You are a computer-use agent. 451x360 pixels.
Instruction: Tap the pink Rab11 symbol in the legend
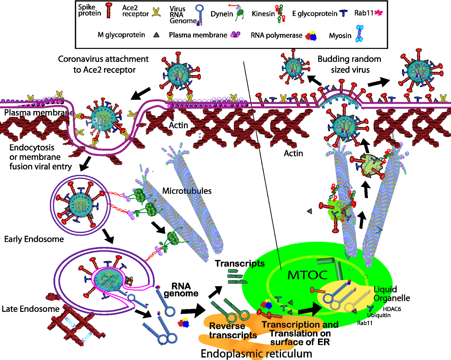pos(378,13)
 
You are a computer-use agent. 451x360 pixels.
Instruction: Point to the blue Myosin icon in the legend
pos(359,33)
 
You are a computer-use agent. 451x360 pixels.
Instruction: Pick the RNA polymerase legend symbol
pos(311,36)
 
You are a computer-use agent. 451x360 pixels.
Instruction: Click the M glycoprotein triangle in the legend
pos(156,35)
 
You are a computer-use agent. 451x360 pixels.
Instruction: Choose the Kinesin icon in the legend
pos(280,13)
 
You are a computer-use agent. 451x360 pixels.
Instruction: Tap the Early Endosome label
pos(34,239)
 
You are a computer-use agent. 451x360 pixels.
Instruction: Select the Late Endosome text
pos(30,309)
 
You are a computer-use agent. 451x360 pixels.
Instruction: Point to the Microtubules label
pos(187,191)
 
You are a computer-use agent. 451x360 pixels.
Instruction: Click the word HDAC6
pos(392,309)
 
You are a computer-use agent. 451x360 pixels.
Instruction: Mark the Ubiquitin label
pos(379,315)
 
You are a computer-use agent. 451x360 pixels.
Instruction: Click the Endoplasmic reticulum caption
pos(256,354)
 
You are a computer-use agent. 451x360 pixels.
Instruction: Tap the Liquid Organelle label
pos(392,294)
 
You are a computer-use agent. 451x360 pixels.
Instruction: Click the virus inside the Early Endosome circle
pos(80,205)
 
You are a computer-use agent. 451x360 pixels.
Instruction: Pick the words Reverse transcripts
pos(233,330)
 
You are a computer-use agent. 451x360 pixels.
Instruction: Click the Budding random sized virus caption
pos(350,64)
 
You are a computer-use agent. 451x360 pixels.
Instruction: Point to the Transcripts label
pos(240,263)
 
